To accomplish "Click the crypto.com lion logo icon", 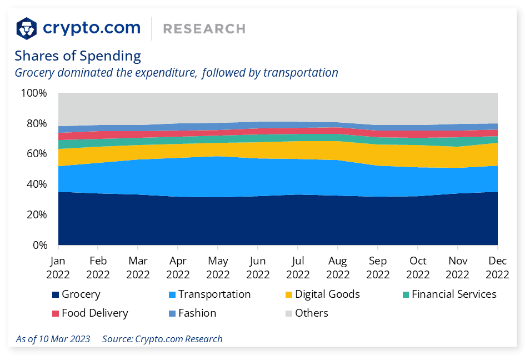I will (27, 28).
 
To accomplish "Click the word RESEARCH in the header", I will (204, 29).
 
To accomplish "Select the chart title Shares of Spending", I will (78, 56).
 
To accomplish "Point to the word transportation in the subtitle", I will (301, 72).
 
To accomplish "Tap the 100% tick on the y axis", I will (34, 93).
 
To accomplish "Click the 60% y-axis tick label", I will (36, 153).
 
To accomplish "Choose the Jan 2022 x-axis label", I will (58, 267).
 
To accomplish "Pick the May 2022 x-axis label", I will (218, 267).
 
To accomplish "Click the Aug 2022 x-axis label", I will (338, 267).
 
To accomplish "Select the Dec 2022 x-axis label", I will (497, 267).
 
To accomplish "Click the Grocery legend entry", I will (76, 294).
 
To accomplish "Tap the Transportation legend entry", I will (209, 294).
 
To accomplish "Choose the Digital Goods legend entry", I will (322, 294).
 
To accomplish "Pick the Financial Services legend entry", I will (448, 294).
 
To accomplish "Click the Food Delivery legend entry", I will (89, 313).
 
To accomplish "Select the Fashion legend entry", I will (192, 313).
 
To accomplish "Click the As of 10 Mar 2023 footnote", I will (53, 339).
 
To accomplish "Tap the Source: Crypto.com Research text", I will (162, 339).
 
